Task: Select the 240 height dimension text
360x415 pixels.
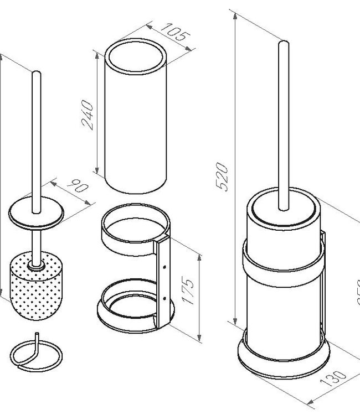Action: [x=88, y=115]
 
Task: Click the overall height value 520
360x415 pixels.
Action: [x=222, y=177]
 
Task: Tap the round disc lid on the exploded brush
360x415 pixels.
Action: [x=36, y=213]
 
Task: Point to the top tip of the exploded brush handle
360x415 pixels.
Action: [x=36, y=73]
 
